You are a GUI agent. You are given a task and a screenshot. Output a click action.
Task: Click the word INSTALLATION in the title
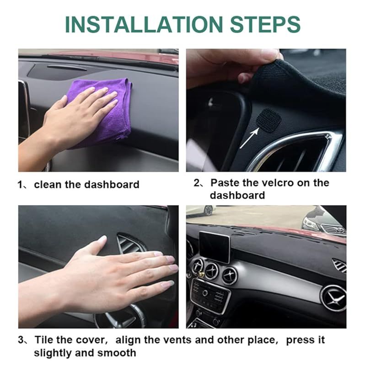(144, 25)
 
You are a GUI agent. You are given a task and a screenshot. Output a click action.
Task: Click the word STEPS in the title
(265, 25)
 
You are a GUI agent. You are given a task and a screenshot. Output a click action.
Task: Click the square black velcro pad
(269, 120)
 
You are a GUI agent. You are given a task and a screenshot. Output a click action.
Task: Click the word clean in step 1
(48, 185)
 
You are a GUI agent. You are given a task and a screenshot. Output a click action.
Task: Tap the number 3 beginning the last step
(21, 340)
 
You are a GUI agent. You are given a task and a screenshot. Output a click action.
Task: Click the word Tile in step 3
(44, 340)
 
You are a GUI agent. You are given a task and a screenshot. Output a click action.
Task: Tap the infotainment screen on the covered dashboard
(215, 247)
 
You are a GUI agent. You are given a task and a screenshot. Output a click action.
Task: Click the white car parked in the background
(202, 210)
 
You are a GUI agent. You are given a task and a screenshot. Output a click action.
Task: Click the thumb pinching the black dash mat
(246, 76)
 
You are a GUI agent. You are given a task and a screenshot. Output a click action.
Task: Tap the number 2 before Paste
(197, 183)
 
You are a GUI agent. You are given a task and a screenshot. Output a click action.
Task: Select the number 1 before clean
(20, 185)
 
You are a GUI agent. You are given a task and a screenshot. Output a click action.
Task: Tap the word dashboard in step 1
(112, 185)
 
